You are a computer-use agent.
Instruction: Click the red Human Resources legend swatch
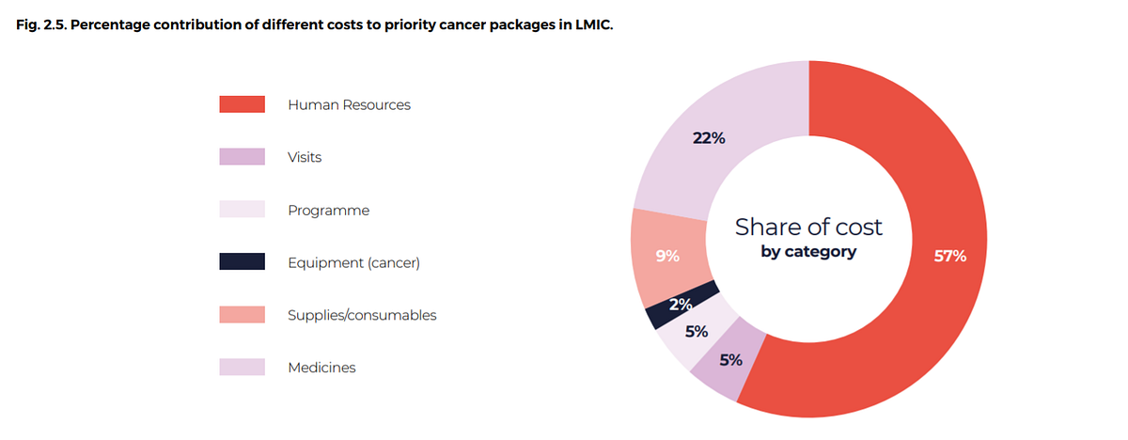[242, 104]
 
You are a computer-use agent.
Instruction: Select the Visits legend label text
[305, 157]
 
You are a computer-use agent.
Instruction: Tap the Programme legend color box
[242, 210]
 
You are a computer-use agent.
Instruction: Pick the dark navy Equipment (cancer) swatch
[242, 262]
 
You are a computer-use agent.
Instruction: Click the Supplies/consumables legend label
[362, 315]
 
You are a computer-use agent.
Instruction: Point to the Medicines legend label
[321, 368]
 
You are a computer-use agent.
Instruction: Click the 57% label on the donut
[949, 256]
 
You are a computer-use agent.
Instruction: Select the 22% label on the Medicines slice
[709, 138]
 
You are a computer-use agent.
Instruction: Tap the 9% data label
[667, 255]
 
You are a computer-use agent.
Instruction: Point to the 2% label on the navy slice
[681, 304]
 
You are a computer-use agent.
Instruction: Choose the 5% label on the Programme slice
[697, 331]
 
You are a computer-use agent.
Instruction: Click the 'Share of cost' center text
[808, 227]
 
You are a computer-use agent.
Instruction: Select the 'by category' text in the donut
[808, 252]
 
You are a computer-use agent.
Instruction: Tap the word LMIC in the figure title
[594, 25]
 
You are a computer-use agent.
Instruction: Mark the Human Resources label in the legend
[349, 104]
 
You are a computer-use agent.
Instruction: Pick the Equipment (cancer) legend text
[353, 262]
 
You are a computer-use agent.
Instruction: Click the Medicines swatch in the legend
[242, 368]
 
